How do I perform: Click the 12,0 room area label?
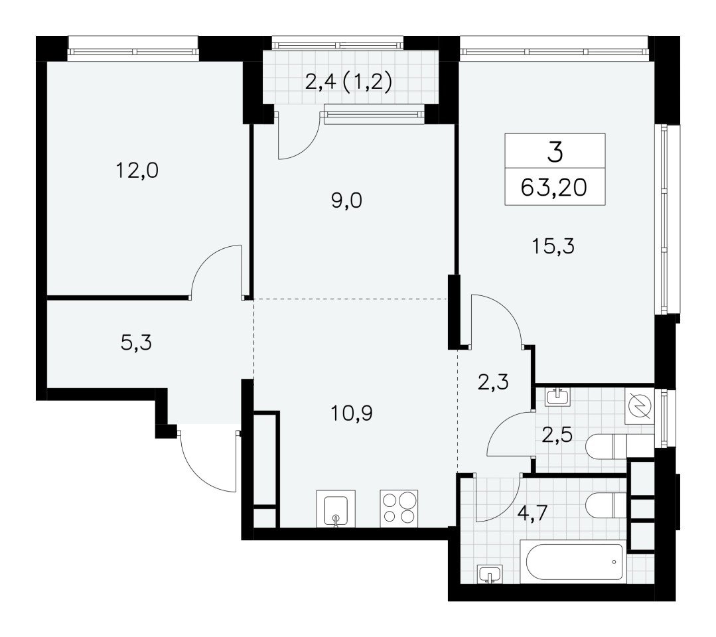tap(137, 171)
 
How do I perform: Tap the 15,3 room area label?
tap(553, 247)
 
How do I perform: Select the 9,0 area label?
tap(346, 200)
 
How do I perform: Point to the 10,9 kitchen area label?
tap(352, 413)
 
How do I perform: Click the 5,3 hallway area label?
tap(136, 342)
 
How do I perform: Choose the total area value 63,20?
tap(554, 187)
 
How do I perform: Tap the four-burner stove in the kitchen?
tap(399, 508)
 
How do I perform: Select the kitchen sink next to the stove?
tap(336, 509)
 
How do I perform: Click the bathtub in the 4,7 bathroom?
tap(574, 561)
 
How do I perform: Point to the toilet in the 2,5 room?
tap(619, 446)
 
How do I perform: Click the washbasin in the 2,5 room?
tap(557, 396)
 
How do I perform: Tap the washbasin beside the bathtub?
tap(490, 573)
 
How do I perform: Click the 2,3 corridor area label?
tap(493, 382)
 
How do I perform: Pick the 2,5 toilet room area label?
tap(557, 435)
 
